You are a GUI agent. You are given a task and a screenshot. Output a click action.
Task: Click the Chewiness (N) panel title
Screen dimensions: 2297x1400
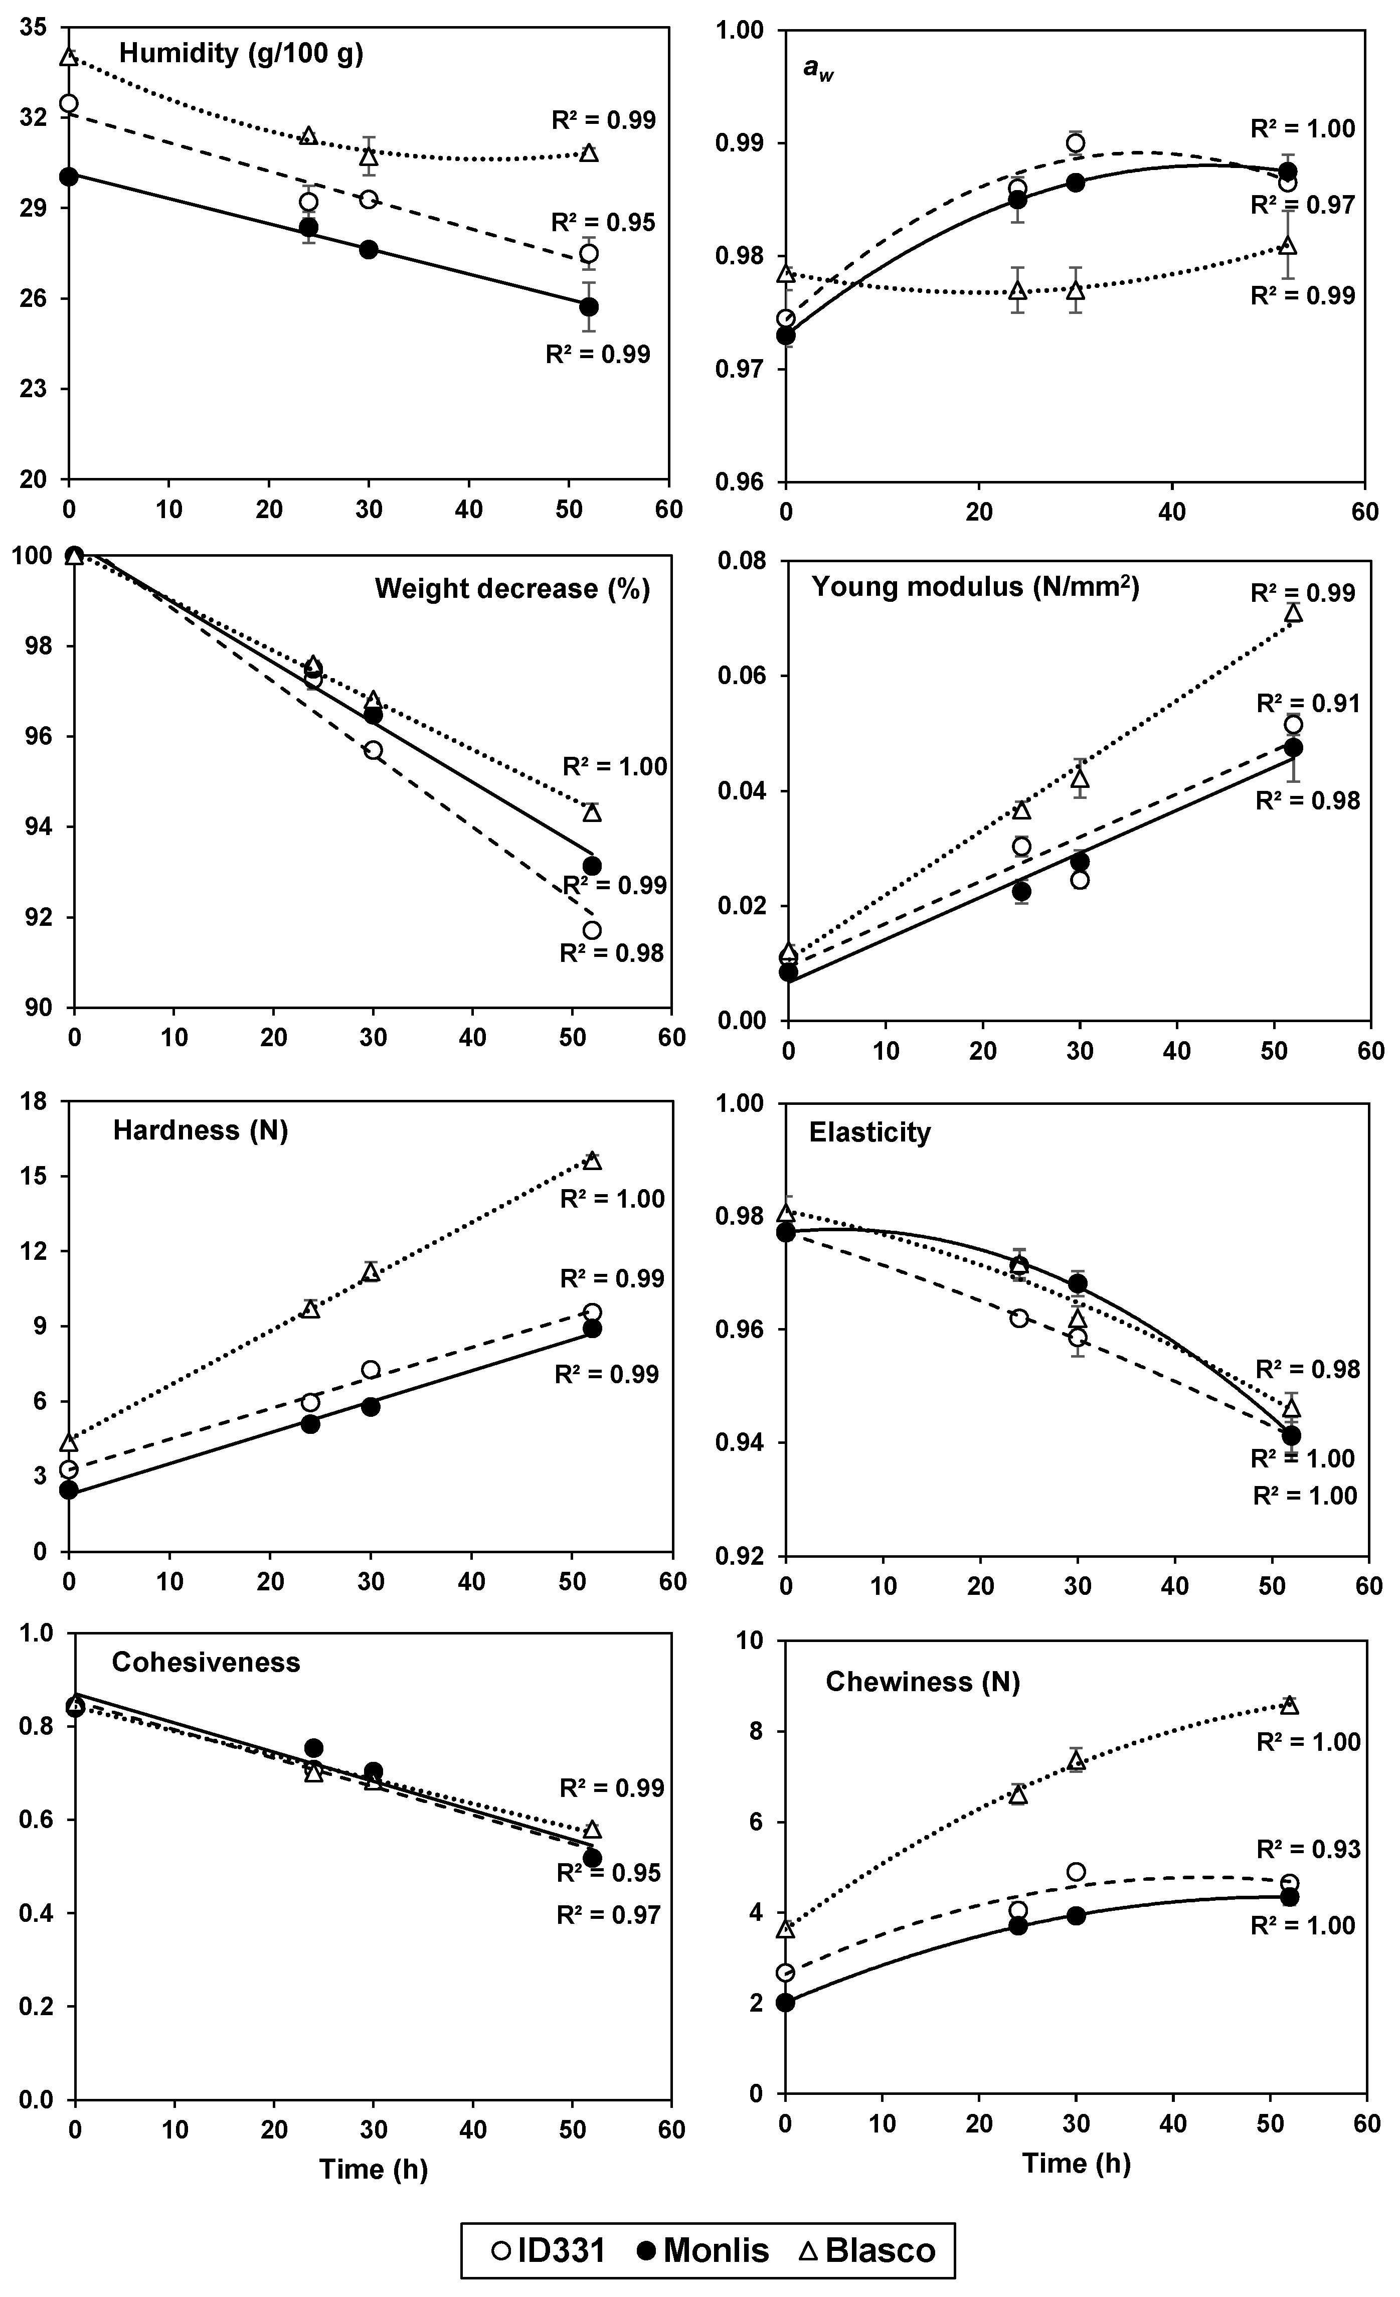[x=922, y=1682]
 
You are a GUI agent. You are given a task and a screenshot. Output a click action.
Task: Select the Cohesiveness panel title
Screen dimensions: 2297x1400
[x=206, y=1663]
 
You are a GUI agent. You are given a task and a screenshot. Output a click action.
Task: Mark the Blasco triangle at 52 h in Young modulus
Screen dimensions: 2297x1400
[x=1293, y=612]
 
